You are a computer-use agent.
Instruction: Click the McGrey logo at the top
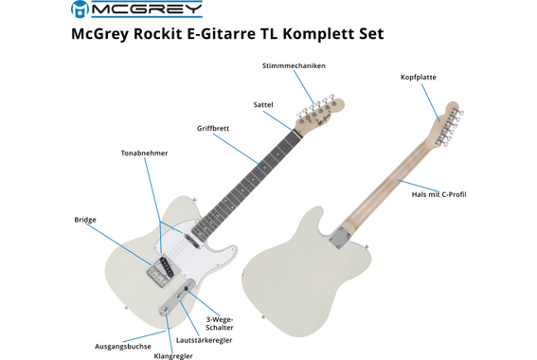[x=136, y=9]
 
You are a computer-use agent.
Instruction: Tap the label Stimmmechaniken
[x=294, y=65]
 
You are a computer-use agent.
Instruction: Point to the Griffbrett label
[x=213, y=128]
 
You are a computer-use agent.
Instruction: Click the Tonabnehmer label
[x=144, y=153]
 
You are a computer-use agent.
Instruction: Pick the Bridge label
[x=85, y=220]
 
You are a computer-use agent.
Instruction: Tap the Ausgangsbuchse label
[x=123, y=346]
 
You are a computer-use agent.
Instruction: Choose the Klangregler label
[x=173, y=355]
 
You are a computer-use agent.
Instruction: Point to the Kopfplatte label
[x=419, y=78]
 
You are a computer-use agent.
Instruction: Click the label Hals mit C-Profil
[x=439, y=194]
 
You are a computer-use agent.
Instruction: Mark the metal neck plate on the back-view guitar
[x=338, y=239]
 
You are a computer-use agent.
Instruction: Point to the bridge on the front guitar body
[x=158, y=269]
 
